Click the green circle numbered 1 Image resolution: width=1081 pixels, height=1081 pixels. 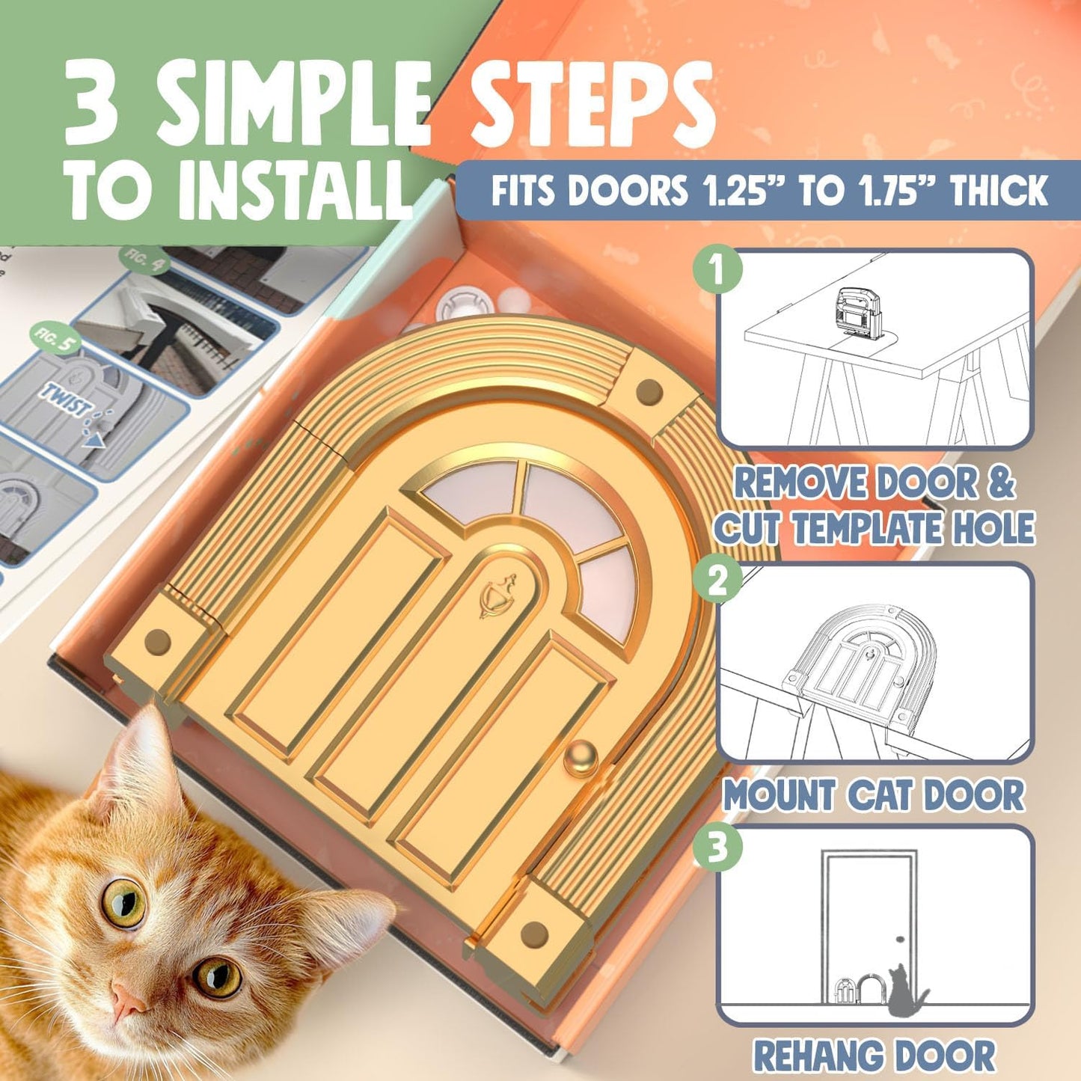[x=717, y=269]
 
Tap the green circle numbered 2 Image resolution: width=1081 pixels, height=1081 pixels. [x=717, y=581]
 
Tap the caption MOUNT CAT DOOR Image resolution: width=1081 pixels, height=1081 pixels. [x=873, y=795]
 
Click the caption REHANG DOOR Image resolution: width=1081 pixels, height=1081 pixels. [x=874, y=1056]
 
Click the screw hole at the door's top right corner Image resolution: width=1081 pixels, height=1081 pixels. [x=648, y=391]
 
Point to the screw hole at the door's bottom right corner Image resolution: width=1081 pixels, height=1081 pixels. [x=534, y=934]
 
